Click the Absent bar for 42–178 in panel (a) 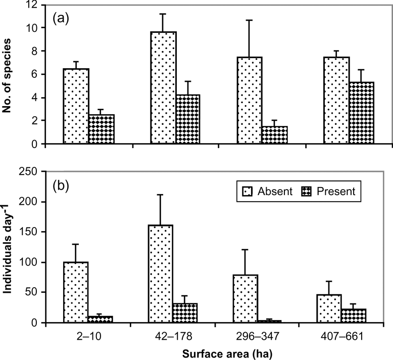[x=163, y=88]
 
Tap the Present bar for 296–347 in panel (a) [x=274, y=135]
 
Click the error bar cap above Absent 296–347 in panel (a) [x=248, y=20]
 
